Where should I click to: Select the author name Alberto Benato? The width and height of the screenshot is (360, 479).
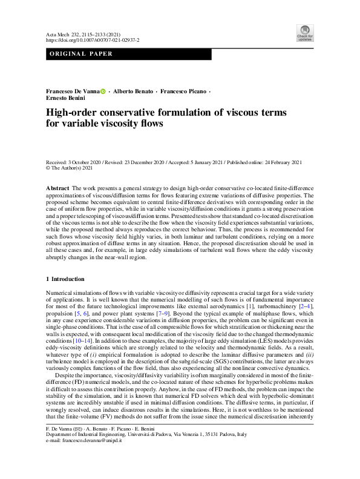(x=133, y=91)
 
